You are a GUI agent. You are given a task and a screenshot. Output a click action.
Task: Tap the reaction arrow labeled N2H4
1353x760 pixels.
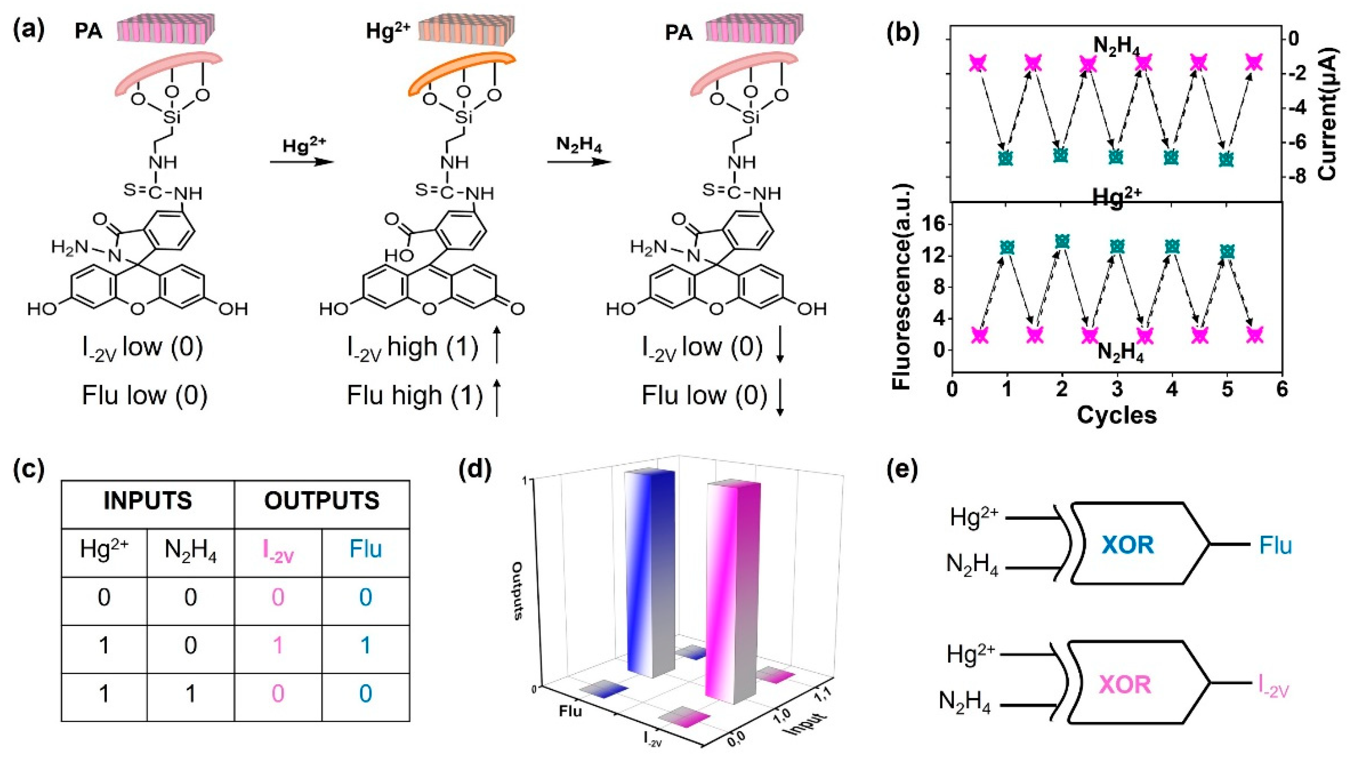click(579, 161)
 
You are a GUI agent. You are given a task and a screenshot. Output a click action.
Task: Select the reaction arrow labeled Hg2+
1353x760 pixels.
click(302, 161)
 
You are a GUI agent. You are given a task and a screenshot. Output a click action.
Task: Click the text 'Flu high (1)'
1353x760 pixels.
click(415, 396)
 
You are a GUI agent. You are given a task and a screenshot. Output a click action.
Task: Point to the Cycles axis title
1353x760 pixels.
click(1117, 415)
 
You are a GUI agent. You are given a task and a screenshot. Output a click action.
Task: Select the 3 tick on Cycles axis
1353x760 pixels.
click(1117, 390)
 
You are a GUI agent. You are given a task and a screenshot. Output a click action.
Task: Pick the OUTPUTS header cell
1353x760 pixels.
click(322, 501)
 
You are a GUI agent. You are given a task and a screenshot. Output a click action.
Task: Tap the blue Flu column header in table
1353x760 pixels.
click(366, 549)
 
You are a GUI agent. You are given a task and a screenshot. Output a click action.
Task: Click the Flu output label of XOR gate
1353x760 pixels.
click(1275, 546)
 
